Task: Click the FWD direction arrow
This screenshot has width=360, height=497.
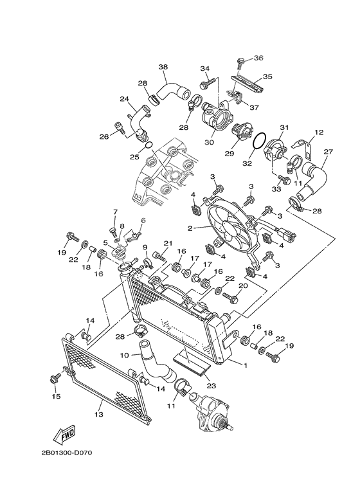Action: (66, 437)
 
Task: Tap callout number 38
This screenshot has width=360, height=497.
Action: (163, 67)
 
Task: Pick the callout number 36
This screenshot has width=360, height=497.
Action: (258, 58)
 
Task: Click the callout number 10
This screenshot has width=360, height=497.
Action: (125, 354)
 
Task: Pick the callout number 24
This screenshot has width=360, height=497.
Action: (124, 98)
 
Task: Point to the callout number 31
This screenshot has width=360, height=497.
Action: (284, 127)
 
